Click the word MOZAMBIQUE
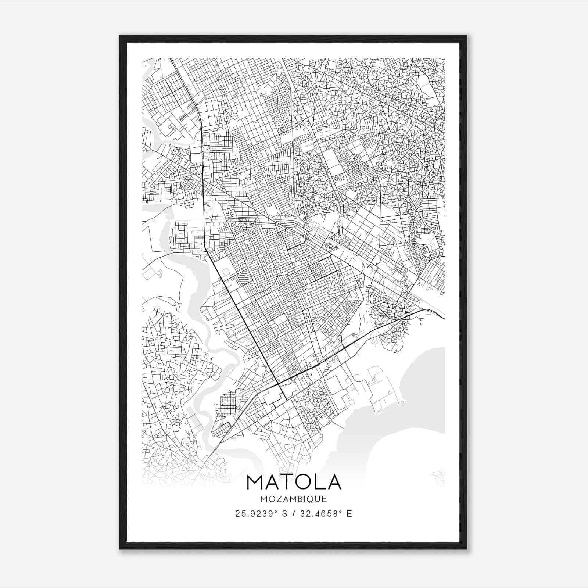(294, 499)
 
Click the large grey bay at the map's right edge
(423, 390)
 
